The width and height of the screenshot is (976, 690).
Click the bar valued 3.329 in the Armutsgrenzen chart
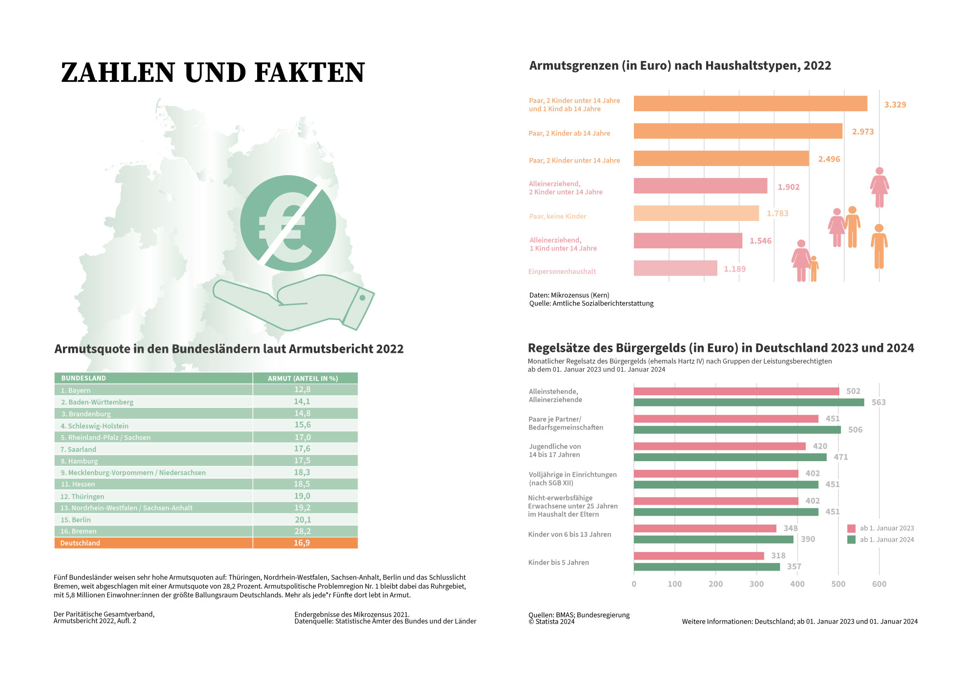pos(751,103)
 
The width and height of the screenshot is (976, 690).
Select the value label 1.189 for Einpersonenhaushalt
pos(734,269)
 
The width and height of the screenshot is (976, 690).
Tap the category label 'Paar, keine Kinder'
pos(558,216)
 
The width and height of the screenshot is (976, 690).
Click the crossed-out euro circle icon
pos(288,223)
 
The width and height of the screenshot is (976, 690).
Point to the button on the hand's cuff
pos(362,298)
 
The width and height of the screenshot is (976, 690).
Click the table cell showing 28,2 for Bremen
pos(303,531)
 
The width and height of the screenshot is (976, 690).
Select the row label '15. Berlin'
pos(76,520)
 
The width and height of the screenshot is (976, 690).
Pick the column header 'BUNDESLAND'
pos(83,378)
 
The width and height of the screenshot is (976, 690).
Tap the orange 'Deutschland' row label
pos(80,543)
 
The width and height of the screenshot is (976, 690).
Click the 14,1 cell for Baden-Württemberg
pos(302,402)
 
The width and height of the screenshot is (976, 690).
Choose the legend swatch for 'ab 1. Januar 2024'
pos(852,540)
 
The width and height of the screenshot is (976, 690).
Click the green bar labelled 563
pos(749,402)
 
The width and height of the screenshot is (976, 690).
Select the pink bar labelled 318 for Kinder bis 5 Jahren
pos(699,556)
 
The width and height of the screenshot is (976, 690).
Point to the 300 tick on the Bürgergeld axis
pos(756,584)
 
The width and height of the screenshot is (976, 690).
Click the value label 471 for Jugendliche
pos(841,457)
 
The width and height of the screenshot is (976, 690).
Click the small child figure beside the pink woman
pos(813,268)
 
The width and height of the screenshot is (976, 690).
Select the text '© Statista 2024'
pos(551,622)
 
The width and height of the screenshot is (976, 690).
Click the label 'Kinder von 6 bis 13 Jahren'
pos(569,534)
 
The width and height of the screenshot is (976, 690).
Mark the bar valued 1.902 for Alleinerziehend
pos(701,186)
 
